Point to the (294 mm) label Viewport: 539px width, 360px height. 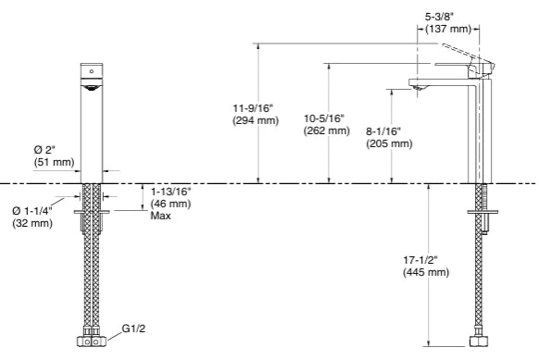coord(251,122)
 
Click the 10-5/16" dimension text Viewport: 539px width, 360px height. coord(324,118)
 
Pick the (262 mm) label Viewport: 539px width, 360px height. coord(326,131)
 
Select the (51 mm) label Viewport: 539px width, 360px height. coord(54,163)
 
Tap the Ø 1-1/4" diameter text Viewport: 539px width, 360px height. coord(32,211)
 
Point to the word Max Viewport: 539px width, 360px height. coord(160,216)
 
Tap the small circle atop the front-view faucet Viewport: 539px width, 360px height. coord(91,70)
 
